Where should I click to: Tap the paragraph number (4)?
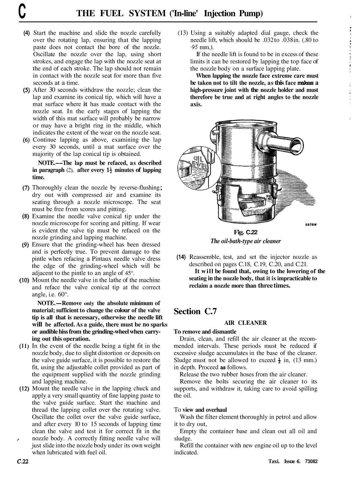pyautogui.click(x=27, y=33)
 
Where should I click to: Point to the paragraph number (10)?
pyautogui.click(x=25, y=280)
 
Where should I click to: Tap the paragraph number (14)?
pyautogui.click(x=182, y=257)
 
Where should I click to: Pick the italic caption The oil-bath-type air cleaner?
pyautogui.click(x=245, y=241)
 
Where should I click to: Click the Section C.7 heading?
pyautogui.click(x=195, y=311)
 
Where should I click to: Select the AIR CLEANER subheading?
pyautogui.click(x=245, y=323)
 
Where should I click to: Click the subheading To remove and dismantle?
pyautogui.click(x=205, y=332)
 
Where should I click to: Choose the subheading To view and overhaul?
pyautogui.click(x=200, y=410)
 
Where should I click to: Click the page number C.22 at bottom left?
pyautogui.click(x=23, y=462)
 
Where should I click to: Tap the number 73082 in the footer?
pyautogui.click(x=311, y=462)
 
